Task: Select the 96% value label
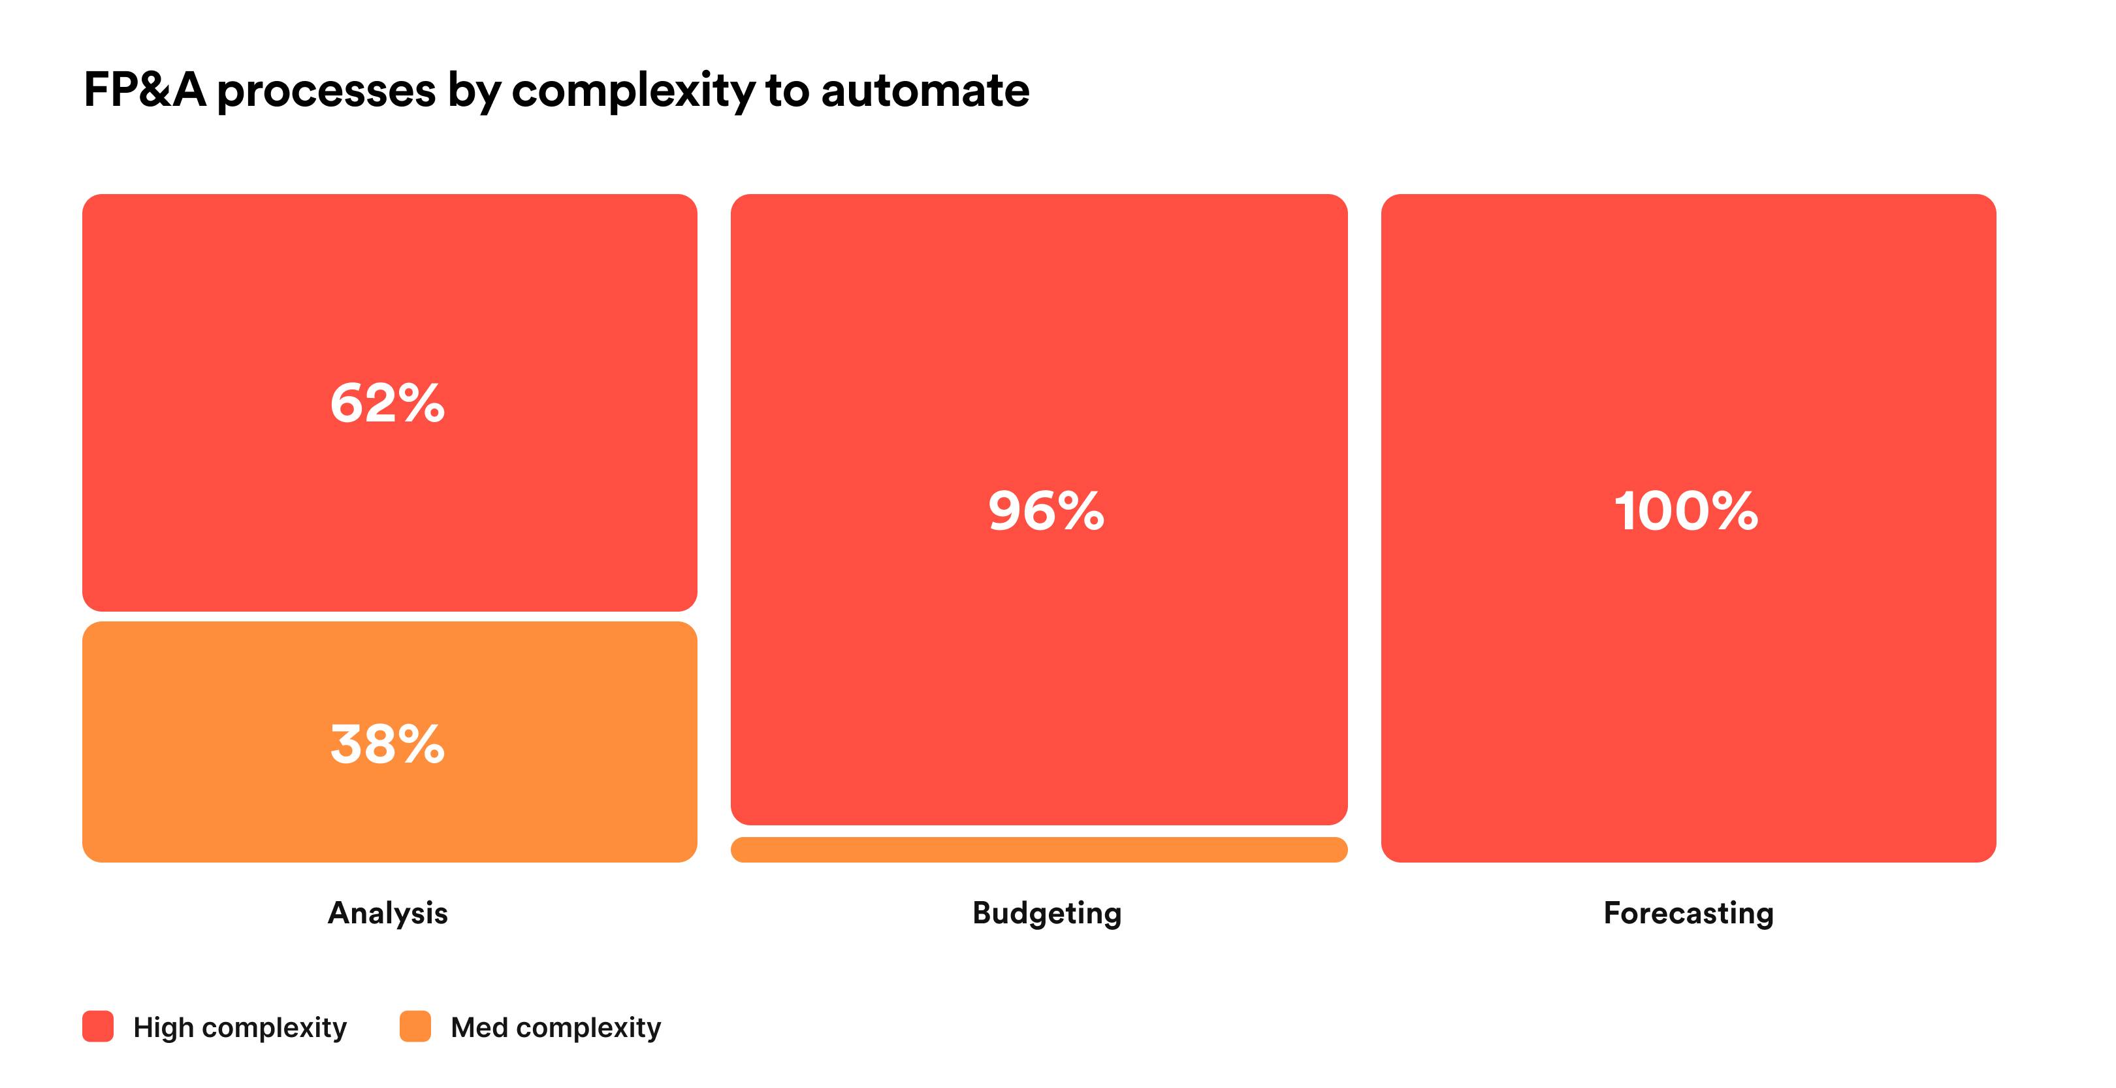point(1046,510)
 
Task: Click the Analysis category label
point(388,913)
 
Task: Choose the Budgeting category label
point(1046,914)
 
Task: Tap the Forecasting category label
point(1688,914)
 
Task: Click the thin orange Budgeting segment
point(1039,849)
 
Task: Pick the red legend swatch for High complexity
point(98,1027)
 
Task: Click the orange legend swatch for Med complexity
point(415,1027)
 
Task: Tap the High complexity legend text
point(240,1028)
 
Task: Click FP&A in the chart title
point(144,90)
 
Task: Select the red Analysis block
point(389,403)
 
